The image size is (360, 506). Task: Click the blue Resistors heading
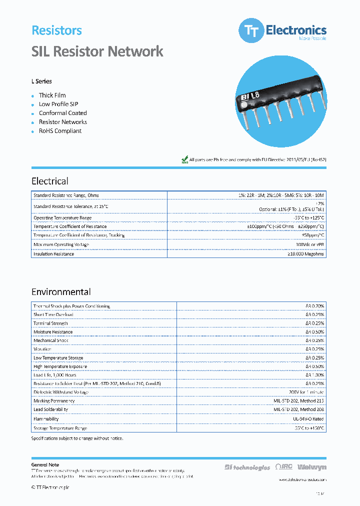pos(56,30)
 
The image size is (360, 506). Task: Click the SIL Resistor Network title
pos(97,51)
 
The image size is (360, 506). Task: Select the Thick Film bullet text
pos(52,95)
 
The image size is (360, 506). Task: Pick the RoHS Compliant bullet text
pos(60,131)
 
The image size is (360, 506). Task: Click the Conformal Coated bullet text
pos(63,113)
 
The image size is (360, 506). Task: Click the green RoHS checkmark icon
pos(184,159)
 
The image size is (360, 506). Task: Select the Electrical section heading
pos(50,181)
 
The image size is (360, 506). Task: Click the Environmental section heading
pos(61,292)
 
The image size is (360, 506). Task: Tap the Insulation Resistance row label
pos(53,254)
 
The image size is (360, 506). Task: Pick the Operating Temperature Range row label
pos(62,218)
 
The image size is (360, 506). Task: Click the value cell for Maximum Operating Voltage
pos(310,244)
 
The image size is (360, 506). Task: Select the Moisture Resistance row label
pos(53,332)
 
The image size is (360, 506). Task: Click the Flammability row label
pos(46,419)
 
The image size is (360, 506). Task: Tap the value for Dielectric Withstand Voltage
pos(306,392)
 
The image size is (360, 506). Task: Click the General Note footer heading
pos(45,465)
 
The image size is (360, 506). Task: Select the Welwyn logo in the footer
pos(311,467)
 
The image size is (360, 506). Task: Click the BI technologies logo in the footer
pos(247,467)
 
